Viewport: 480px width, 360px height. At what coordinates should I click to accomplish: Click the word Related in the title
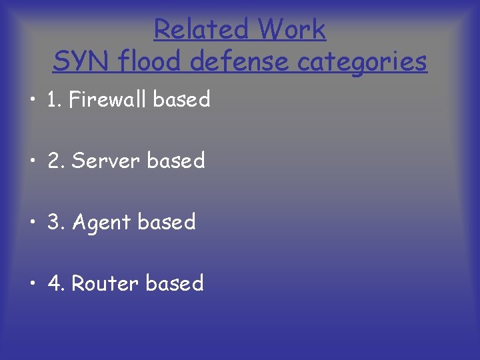tap(201, 29)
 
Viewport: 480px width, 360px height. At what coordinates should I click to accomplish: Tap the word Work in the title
tap(291, 29)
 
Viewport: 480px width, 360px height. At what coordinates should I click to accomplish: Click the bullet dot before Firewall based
tap(33, 100)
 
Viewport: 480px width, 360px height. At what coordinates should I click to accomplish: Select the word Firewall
tap(108, 100)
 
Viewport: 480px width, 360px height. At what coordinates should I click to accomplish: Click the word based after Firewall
tap(182, 100)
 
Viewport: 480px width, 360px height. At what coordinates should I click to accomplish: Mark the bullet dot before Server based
tap(33, 161)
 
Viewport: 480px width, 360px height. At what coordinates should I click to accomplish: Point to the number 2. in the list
tap(56, 161)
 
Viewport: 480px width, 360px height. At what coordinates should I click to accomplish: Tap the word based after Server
tap(176, 161)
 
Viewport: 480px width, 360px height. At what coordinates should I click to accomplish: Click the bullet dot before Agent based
tap(33, 223)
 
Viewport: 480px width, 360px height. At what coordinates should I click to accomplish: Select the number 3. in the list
tap(56, 223)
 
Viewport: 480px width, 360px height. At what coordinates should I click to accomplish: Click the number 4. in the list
tap(56, 284)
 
